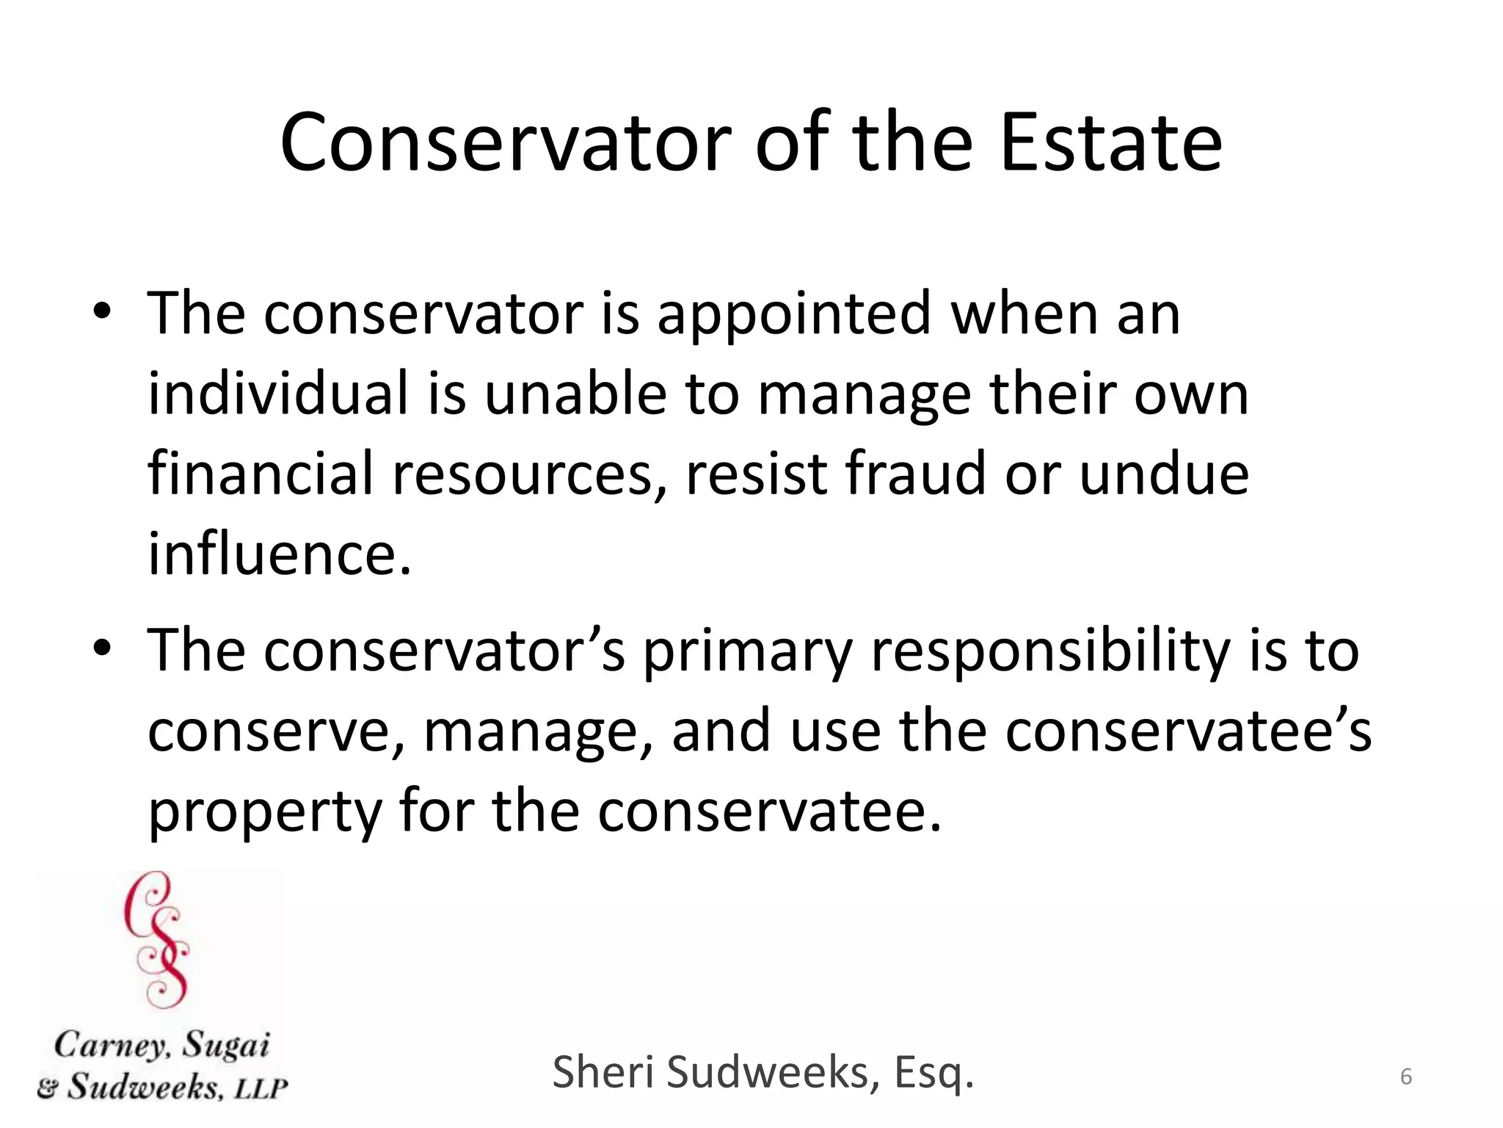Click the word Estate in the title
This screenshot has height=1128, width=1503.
click(x=1110, y=143)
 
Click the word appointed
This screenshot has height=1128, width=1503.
click(x=793, y=314)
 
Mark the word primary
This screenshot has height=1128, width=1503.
click(x=748, y=652)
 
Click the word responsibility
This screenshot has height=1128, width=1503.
click(x=1050, y=652)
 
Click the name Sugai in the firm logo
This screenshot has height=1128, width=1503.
click(x=225, y=1045)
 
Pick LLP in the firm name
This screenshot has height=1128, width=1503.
click(x=261, y=1088)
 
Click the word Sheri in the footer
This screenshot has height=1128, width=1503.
click(x=603, y=1071)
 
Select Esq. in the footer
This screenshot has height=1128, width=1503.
click(x=934, y=1073)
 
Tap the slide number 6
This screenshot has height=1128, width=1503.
click(x=1406, y=1077)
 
